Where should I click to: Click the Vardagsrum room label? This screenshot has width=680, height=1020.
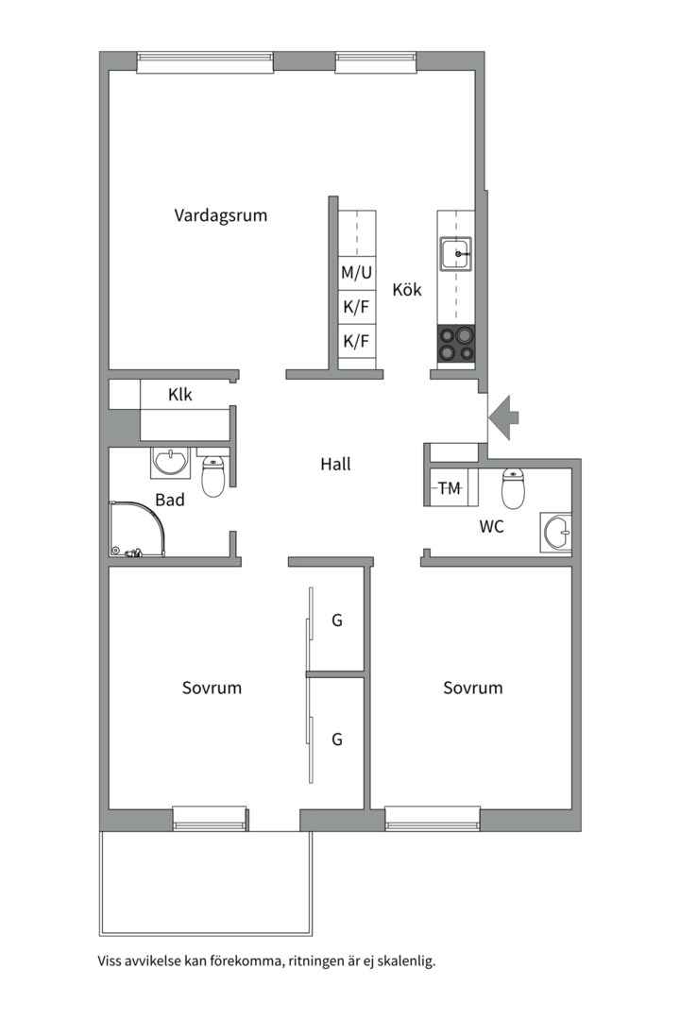[x=220, y=215]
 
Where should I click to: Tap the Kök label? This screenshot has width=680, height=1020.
[x=407, y=290]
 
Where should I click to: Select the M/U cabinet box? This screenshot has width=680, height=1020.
[x=357, y=274]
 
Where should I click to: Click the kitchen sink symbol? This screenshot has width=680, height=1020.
[x=455, y=254]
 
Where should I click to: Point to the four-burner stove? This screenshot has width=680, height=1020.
[x=455, y=344]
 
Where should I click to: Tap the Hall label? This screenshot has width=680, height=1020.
[x=335, y=464]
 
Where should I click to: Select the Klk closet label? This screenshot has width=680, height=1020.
[x=180, y=395]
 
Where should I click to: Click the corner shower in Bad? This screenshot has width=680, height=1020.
[x=134, y=529]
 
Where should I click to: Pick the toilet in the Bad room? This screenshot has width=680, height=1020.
[x=213, y=477]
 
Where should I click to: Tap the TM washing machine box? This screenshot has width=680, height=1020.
[x=450, y=488]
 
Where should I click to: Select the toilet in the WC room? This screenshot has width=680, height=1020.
[x=514, y=488]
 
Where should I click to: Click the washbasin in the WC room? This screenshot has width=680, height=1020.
[x=556, y=534]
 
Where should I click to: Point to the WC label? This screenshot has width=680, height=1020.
[x=491, y=527]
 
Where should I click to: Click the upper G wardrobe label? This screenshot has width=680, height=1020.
[x=336, y=620]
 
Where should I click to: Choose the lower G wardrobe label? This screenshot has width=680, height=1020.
[x=336, y=739]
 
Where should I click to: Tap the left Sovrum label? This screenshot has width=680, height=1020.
[x=212, y=688]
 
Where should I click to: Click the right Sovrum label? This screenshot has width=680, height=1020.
[x=472, y=688]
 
